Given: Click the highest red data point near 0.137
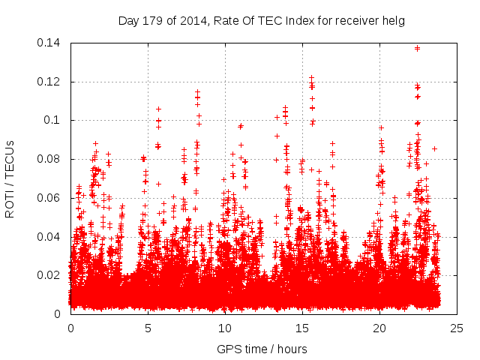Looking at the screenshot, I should (417, 48).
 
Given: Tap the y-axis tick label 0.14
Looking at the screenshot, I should (49, 43).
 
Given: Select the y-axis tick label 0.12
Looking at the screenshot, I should (49, 82).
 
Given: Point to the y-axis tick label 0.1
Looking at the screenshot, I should (52, 120).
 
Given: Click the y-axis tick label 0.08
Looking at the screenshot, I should (49, 159).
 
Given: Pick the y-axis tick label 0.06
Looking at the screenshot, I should (49, 198).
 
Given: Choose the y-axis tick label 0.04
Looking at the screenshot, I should (49, 237).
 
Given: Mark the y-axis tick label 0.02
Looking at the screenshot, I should (49, 275).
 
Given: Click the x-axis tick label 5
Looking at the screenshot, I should (148, 328).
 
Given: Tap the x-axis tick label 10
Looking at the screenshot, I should (225, 328).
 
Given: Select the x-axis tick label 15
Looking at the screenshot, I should (302, 328).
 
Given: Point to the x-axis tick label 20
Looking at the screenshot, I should (379, 328).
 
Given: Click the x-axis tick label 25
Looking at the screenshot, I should (457, 328).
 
